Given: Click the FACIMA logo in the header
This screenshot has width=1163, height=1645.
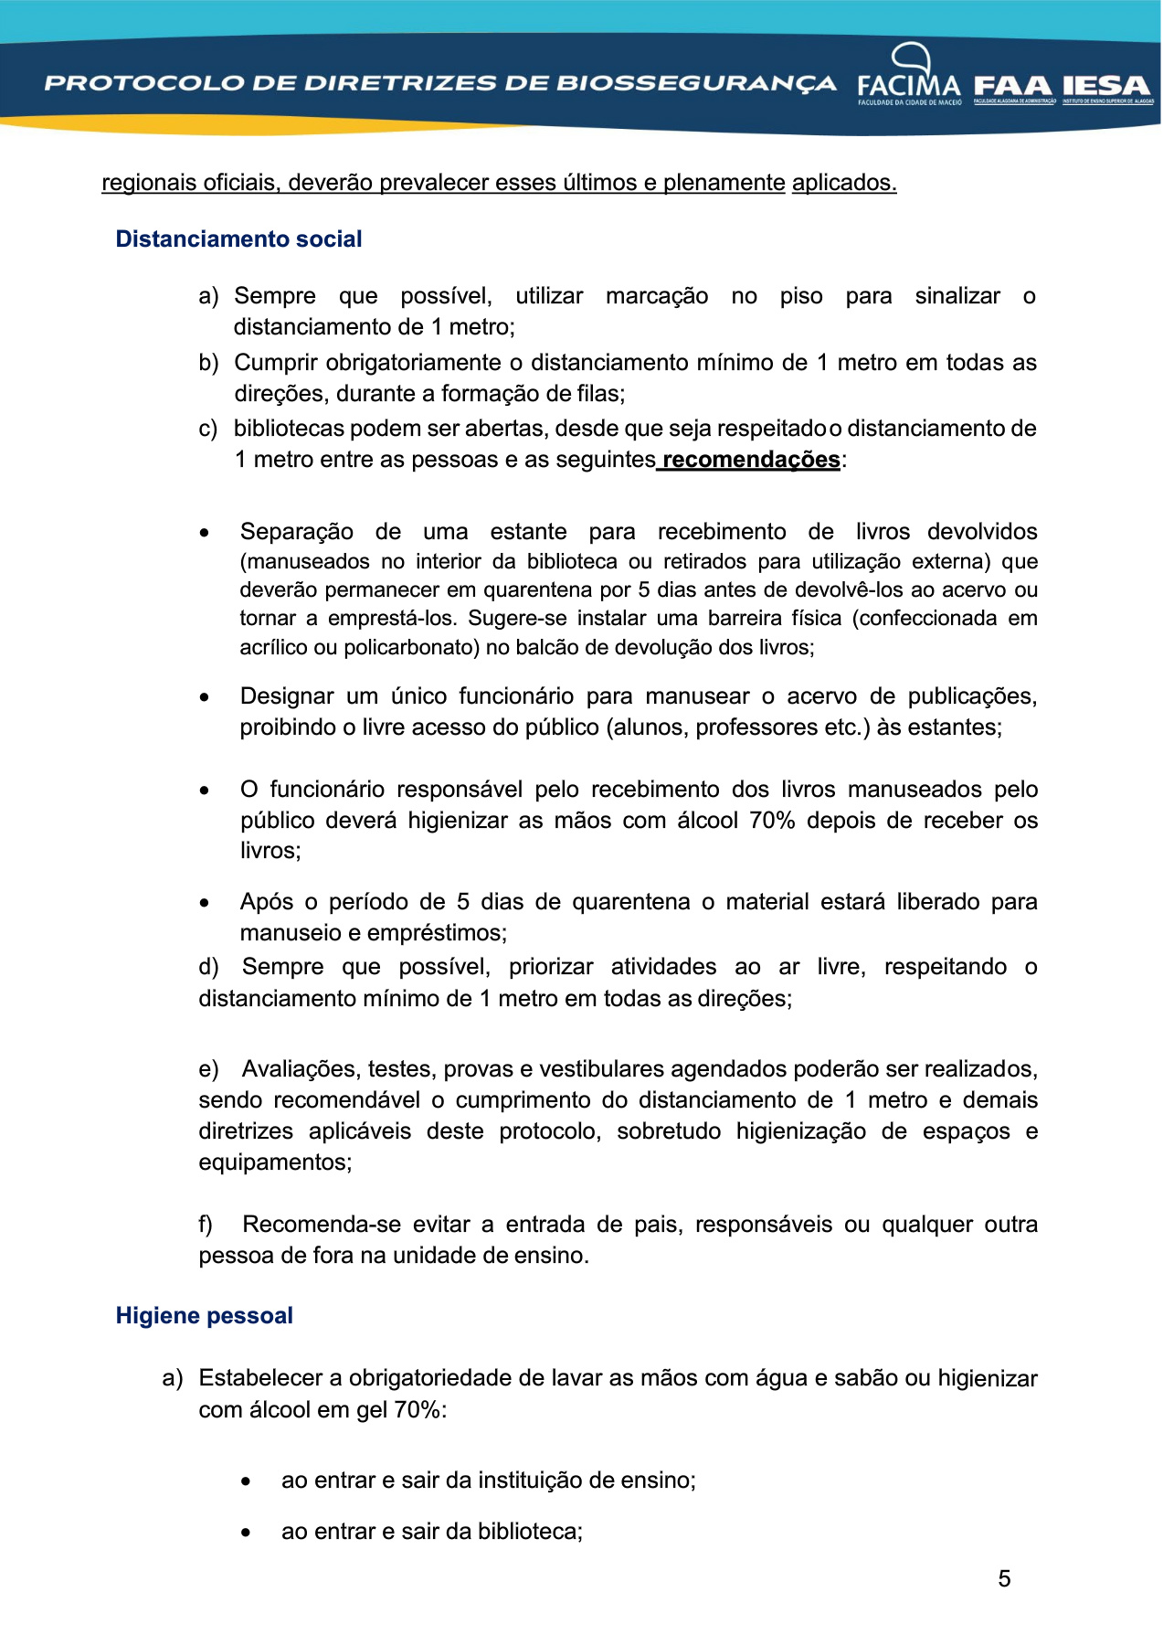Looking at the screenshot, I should tap(909, 78).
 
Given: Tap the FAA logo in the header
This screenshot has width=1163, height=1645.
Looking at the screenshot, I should tap(1014, 87).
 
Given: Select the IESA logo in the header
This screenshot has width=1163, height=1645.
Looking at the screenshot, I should tap(1106, 87).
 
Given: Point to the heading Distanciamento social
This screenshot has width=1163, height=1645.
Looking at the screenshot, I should tap(238, 239).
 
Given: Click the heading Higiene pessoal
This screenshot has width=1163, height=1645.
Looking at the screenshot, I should tap(204, 1316).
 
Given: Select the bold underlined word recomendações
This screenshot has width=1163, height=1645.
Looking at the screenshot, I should tap(751, 460).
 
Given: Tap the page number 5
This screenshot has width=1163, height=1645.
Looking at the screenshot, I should tap(1004, 1579).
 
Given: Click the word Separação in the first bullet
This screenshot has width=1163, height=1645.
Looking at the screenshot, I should tap(296, 532).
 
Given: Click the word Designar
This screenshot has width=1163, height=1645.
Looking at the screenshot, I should tap(287, 696).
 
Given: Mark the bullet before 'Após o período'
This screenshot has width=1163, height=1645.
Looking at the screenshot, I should tap(205, 903).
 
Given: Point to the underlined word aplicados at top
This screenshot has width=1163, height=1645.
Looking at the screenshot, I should tap(843, 183).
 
